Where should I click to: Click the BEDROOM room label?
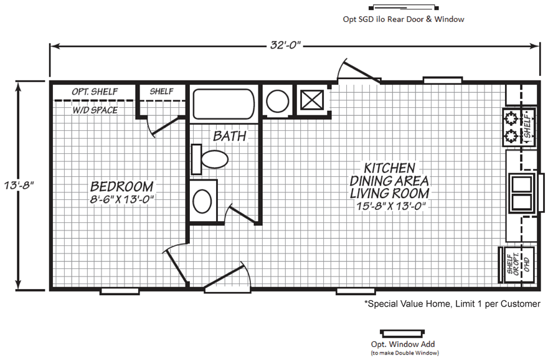point(121,186)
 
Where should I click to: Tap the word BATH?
point(230,136)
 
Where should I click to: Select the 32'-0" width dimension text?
point(285,45)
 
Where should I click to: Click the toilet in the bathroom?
point(210,159)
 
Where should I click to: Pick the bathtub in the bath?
point(224,104)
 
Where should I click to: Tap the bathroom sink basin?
point(202,201)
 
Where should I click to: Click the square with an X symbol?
point(312,100)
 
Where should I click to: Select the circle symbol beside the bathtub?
point(278,101)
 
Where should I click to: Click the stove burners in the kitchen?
point(511,126)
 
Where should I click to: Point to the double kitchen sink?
point(522,192)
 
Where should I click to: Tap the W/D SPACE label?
point(95,110)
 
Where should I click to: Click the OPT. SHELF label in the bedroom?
point(95,92)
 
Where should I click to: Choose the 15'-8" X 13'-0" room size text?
point(390,206)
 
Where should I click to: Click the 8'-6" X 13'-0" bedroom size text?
point(122,199)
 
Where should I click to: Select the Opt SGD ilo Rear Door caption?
point(404,19)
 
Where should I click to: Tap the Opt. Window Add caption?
point(403,344)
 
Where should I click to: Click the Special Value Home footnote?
point(452,304)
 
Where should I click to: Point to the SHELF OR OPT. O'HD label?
point(518,265)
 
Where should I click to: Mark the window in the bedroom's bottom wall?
point(120,291)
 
